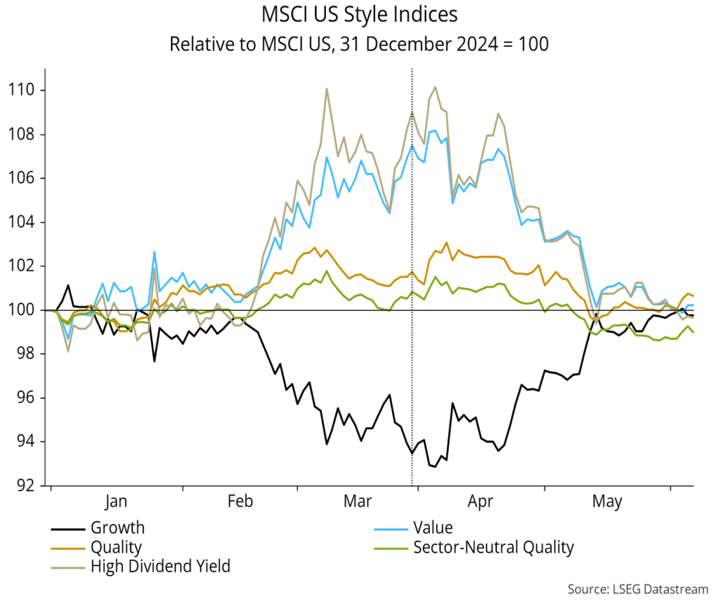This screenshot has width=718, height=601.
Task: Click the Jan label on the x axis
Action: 116,501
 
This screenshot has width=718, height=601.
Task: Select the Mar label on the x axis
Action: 358,501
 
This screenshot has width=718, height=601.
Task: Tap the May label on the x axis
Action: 607,501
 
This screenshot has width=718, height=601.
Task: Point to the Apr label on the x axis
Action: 480,501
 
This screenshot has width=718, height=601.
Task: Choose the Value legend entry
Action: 433,528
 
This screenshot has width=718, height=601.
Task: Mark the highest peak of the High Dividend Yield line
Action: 435,87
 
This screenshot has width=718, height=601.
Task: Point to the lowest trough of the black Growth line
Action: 435,466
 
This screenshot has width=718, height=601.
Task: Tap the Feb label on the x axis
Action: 240,501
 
